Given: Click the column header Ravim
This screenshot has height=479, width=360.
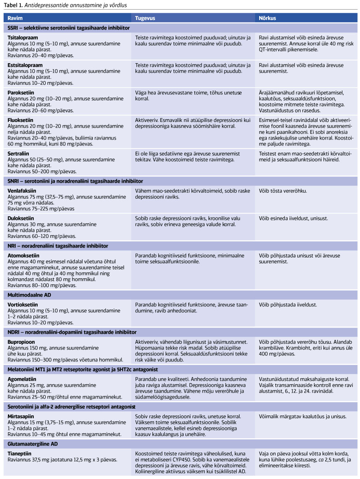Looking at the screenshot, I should [x=15, y=18].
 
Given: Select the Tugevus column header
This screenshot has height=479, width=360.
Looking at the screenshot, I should [x=145, y=18].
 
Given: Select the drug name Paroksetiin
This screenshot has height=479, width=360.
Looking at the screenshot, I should [x=22, y=93].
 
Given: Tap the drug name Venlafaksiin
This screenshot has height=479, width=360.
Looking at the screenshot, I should [x=23, y=191].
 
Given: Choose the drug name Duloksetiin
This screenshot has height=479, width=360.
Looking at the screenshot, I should [x=21, y=218].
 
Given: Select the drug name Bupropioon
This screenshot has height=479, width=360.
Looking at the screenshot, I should [x=21, y=342].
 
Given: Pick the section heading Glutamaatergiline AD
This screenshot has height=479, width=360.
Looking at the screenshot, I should [x=33, y=444].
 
